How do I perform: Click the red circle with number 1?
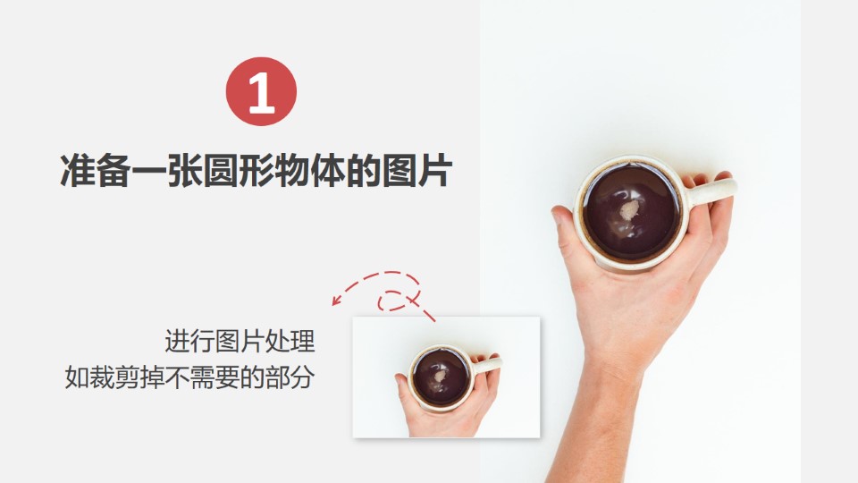tap(261, 91)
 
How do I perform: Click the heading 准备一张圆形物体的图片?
tap(257, 171)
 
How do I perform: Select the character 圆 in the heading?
tap(221, 171)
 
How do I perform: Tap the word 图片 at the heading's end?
tap(417, 171)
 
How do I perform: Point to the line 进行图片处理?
tap(240, 341)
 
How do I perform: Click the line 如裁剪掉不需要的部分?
tap(189, 377)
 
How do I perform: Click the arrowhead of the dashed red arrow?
tap(337, 301)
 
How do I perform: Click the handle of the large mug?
tap(711, 191)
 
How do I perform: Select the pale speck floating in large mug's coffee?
tap(629, 209)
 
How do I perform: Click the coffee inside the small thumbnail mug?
tap(441, 377)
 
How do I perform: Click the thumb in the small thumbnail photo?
tap(403, 387)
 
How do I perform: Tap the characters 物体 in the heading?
tap(310, 171)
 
